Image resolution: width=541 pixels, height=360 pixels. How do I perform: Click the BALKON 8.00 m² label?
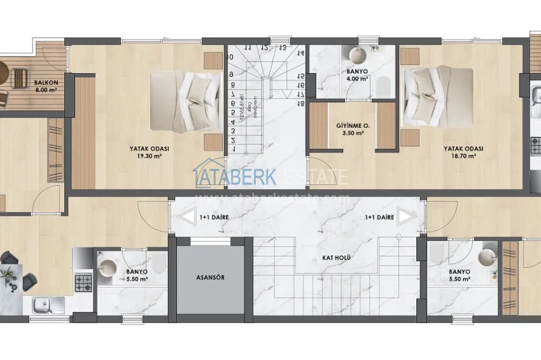coord(46,87)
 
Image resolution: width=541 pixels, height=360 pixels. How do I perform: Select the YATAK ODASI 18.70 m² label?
coord(463,153)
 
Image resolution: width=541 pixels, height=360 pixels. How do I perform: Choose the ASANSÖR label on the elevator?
coord(209,278)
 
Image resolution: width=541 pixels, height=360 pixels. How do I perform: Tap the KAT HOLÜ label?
coord(334,259)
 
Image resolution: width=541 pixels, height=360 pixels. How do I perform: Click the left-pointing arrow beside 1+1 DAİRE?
coord(186,217)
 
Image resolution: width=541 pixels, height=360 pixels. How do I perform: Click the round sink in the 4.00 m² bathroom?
coord(356,53)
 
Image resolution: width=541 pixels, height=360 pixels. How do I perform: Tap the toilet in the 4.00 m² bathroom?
coord(383,85)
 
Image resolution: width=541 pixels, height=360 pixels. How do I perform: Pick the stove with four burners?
coord(84,280)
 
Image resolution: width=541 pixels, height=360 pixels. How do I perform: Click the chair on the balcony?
coord(19,78)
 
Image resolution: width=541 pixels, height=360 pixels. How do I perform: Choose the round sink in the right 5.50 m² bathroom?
coord(487,257)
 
